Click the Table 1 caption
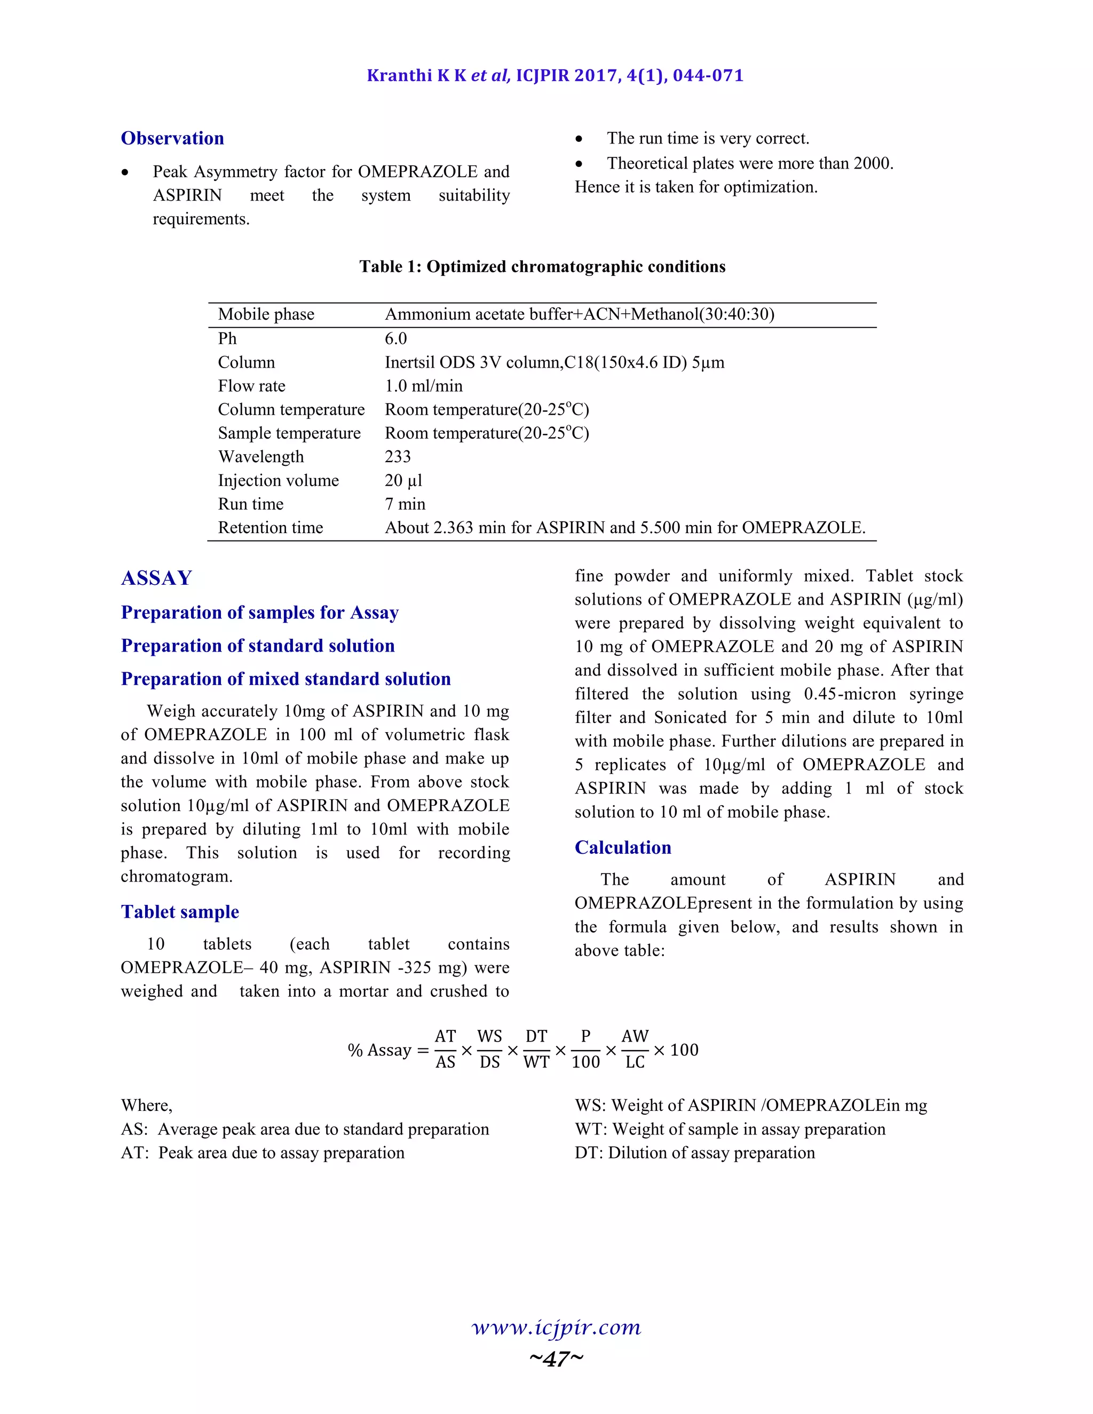(542, 267)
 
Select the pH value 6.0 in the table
(395, 339)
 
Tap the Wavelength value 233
(398, 456)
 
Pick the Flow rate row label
(251, 386)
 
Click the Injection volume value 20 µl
(403, 480)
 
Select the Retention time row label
(270, 528)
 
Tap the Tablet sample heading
(180, 911)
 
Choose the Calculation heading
(623, 847)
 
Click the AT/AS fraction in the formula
(446, 1049)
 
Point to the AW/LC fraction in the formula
(635, 1049)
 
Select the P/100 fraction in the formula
(585, 1049)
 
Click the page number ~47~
(556, 1359)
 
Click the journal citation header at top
(555, 76)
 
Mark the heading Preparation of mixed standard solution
(286, 679)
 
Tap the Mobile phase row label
(266, 315)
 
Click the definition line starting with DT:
(695, 1153)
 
